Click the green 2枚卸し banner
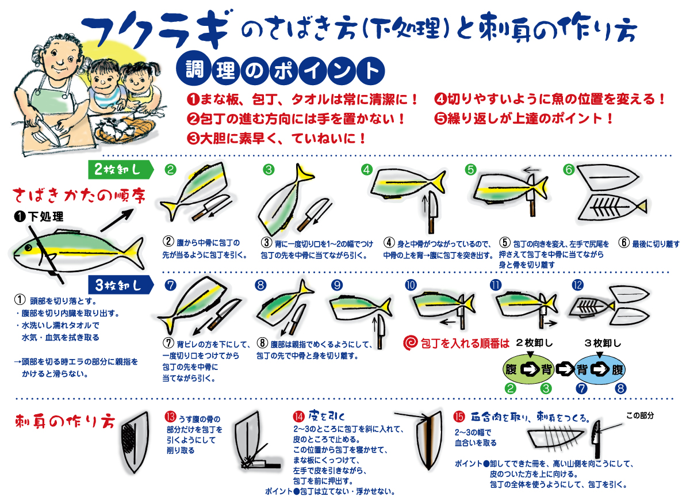[x=121, y=169]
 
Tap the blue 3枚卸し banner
[x=121, y=285]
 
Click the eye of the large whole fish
[x=28, y=248]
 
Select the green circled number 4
[x=367, y=169]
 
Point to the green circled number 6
[x=569, y=169]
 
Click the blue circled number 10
[x=411, y=285]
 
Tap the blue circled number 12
[x=578, y=285]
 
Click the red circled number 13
[x=170, y=417]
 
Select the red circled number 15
[x=459, y=417]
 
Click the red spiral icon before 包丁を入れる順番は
[x=411, y=343]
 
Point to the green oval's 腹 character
[x=511, y=369]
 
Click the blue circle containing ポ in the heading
[x=283, y=71]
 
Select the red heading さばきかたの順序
[x=79, y=196]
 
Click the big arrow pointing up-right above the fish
[x=117, y=220]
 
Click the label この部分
[x=640, y=415]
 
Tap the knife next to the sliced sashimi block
[x=597, y=439]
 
